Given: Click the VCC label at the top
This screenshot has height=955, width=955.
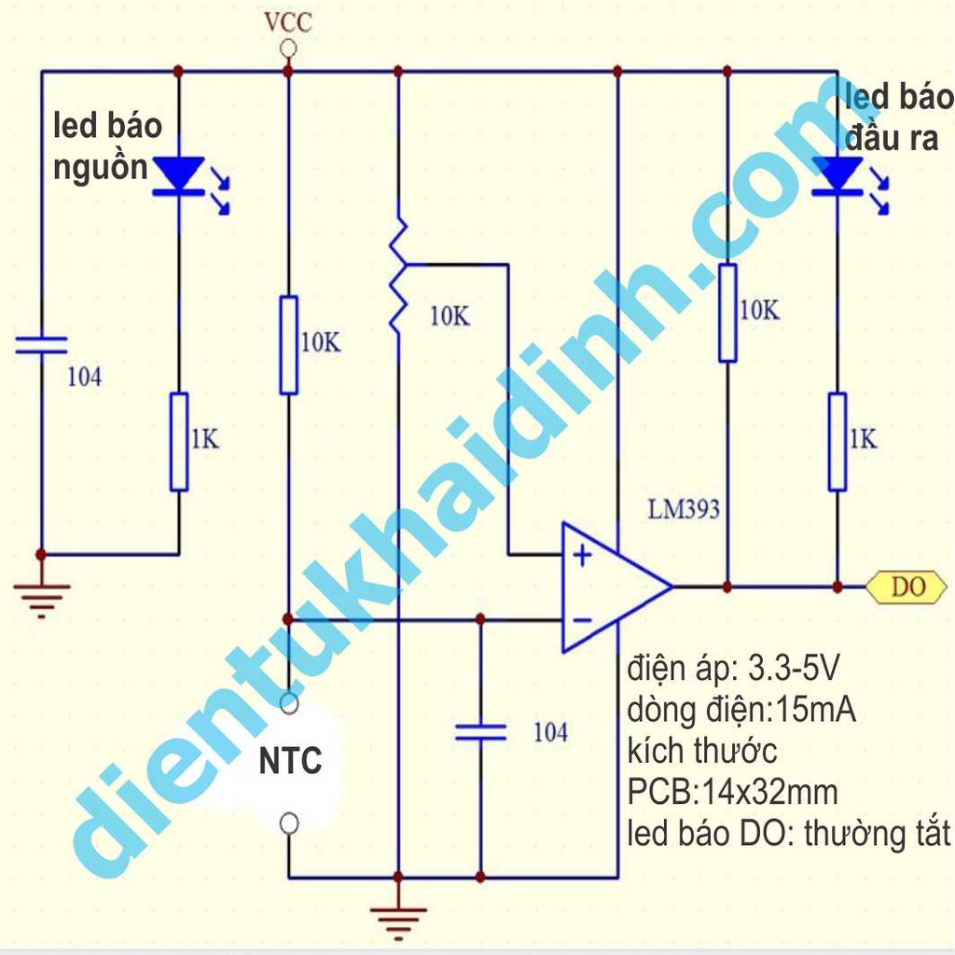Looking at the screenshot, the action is (x=288, y=22).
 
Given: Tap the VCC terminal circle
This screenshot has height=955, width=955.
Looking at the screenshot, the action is (x=288, y=48).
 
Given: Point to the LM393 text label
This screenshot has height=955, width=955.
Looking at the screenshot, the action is (x=684, y=509).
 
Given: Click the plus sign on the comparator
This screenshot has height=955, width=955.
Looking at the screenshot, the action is (x=583, y=555).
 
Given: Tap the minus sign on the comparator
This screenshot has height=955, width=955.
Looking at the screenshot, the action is (x=583, y=620).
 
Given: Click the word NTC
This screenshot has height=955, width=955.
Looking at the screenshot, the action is (x=291, y=761).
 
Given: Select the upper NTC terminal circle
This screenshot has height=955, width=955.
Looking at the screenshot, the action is (x=289, y=703).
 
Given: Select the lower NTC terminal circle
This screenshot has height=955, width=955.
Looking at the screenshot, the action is (x=289, y=824).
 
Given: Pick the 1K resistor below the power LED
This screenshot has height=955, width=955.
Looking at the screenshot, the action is (x=178, y=441).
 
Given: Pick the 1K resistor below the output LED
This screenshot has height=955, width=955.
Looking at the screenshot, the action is (x=837, y=441).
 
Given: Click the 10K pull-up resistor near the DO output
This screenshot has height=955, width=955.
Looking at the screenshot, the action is (x=727, y=313).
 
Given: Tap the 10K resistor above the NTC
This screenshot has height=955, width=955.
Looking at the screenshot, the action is (x=289, y=345).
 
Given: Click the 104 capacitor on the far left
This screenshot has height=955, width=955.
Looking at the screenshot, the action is (x=41, y=345).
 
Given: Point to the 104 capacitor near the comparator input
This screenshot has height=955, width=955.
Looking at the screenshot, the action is (x=480, y=731).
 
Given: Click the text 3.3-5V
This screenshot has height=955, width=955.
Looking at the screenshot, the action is (x=793, y=668).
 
